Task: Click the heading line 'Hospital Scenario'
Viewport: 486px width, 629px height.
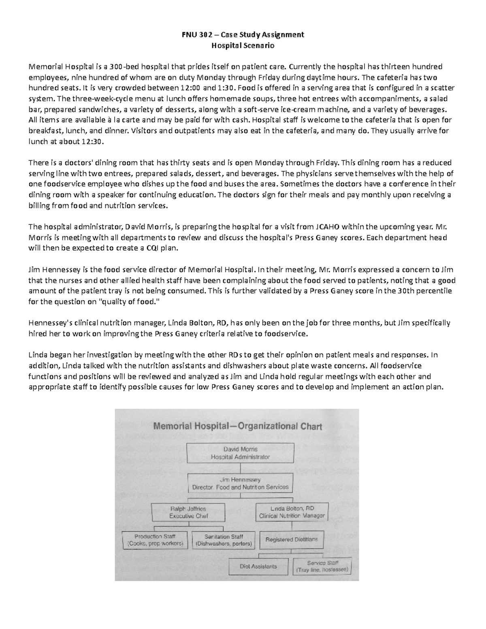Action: click(x=243, y=45)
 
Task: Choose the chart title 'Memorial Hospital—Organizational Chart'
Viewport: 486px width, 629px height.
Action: click(x=237, y=426)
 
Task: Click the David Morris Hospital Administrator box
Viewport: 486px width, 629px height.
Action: click(x=240, y=453)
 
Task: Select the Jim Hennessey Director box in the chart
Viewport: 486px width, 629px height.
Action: click(x=240, y=483)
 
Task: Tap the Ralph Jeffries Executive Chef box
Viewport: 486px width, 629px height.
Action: click(x=188, y=512)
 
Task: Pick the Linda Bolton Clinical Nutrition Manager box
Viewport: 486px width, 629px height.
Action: click(x=292, y=512)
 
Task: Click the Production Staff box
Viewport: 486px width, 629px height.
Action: click(x=155, y=540)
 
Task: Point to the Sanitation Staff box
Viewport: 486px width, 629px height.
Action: click(x=224, y=540)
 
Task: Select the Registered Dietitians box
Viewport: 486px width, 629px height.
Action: click(x=291, y=539)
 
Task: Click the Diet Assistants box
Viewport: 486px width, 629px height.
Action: click(x=258, y=567)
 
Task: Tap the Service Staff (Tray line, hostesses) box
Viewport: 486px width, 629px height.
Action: click(x=322, y=566)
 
